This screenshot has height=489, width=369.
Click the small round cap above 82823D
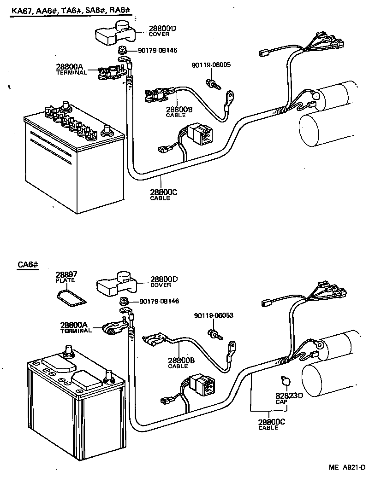point(285,381)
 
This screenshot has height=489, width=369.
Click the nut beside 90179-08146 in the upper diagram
point(123,50)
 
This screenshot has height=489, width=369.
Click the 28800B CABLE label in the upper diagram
point(177,112)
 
